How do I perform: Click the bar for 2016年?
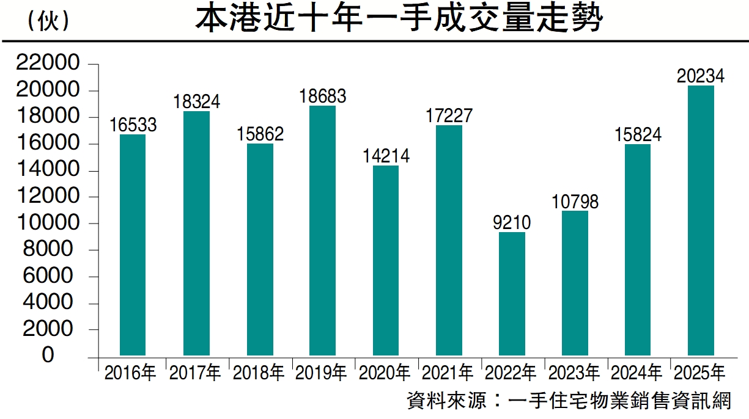[x=133, y=244]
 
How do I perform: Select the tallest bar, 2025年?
[x=701, y=220]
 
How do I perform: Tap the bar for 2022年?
[x=512, y=293]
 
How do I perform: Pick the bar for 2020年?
[x=385, y=260]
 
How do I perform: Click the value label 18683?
[x=322, y=96]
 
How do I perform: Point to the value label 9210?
[x=512, y=222]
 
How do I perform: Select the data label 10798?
[x=575, y=201]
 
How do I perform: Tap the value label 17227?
[x=449, y=115]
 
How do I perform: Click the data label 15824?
[x=638, y=134]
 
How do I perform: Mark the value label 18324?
[x=196, y=101]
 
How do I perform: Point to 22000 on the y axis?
[x=50, y=64]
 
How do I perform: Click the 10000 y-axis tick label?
[x=50, y=223]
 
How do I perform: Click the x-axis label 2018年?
[x=259, y=373]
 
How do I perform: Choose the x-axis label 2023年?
[x=575, y=373]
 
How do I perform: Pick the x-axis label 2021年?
[x=449, y=373]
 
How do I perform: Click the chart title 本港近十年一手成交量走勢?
[x=399, y=19]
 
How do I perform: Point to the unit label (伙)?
[x=48, y=22]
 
